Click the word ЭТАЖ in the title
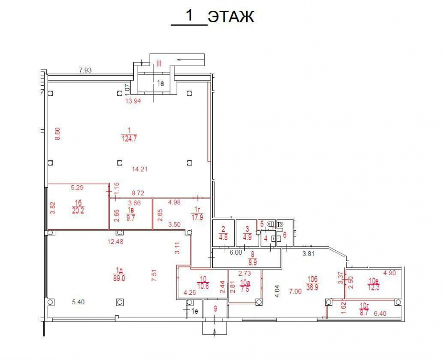(x=231, y=17)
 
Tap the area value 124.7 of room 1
(x=129, y=139)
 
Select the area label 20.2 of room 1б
(x=78, y=211)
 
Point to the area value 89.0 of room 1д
(x=119, y=278)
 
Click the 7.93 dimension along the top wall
(x=85, y=70)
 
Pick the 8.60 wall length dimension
(x=58, y=134)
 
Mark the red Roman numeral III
(x=159, y=63)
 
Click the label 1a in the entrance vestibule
(x=161, y=83)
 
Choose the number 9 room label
(x=215, y=308)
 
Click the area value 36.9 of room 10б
(x=312, y=287)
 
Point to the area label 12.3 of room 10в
(x=374, y=287)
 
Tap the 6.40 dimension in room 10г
(x=380, y=314)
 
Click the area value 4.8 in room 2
(x=223, y=237)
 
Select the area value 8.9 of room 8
(x=252, y=262)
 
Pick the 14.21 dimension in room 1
(x=140, y=169)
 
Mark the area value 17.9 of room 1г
(x=198, y=218)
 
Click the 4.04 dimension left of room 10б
(x=277, y=291)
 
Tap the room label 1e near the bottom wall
(x=194, y=311)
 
